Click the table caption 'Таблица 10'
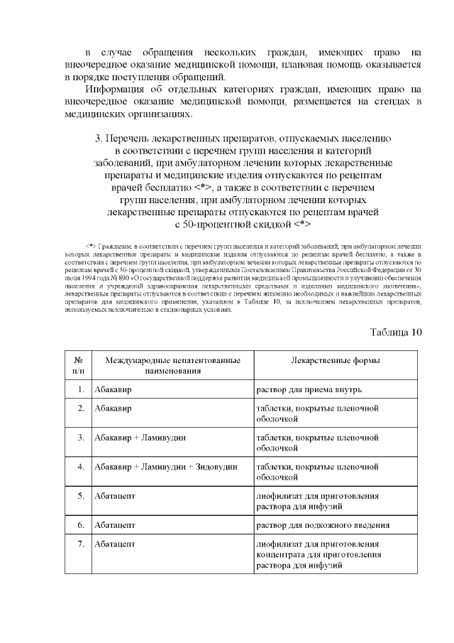click(396, 332)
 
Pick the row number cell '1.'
click(81, 389)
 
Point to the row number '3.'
click(81, 438)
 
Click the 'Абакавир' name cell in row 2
click(113, 409)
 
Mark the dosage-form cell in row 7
click(317, 555)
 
